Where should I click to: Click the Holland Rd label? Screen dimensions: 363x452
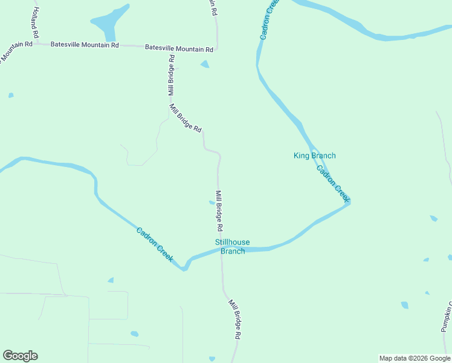33,21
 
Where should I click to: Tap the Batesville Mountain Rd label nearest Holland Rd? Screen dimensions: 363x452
85,45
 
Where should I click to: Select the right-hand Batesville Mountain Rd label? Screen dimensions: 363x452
179,48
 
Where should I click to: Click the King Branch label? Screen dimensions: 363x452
314,156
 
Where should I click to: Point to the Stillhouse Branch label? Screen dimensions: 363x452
233,247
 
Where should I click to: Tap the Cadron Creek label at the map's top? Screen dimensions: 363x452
270,21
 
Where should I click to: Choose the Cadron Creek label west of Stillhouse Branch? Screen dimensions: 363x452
155,244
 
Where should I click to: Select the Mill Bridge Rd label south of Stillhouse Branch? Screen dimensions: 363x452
234,318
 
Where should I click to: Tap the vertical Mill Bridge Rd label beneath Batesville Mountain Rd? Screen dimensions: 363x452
172,76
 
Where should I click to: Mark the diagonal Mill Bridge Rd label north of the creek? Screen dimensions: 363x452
185,119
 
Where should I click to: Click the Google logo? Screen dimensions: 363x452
20,356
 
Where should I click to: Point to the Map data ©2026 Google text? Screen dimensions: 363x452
415,358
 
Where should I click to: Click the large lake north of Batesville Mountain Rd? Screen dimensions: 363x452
109,23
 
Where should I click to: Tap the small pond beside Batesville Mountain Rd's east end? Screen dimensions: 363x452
205,64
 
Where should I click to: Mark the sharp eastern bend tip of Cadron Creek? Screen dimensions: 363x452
349,201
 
